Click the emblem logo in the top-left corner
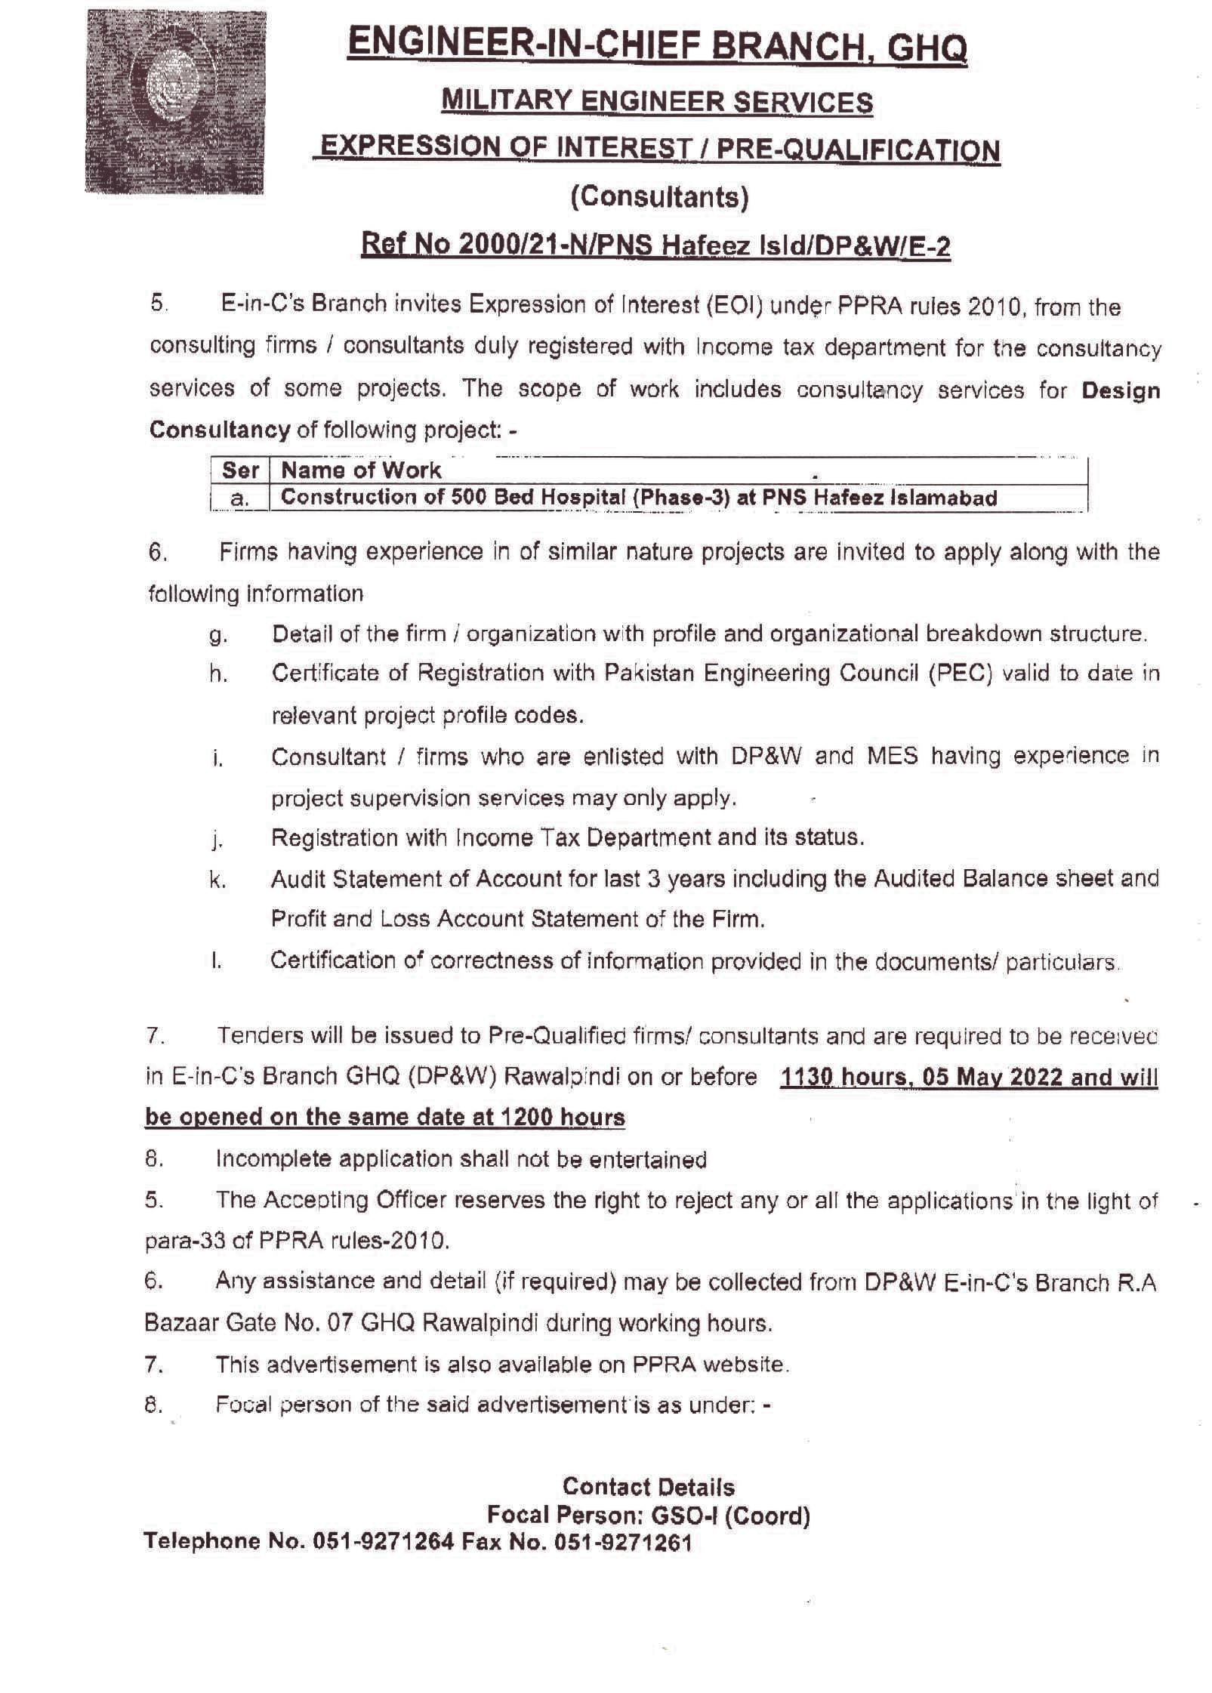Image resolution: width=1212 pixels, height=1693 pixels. [175, 102]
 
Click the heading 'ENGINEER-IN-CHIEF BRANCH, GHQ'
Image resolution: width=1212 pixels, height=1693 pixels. [657, 47]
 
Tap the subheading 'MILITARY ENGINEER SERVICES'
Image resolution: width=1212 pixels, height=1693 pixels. [657, 101]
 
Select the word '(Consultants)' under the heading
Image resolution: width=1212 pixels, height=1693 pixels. [659, 196]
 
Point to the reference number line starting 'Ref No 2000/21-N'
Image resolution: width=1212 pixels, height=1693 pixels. [655, 245]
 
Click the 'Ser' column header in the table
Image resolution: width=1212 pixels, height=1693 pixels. [240, 470]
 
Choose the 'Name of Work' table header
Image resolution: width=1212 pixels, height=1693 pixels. [361, 470]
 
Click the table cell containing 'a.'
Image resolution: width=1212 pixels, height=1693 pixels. [240, 498]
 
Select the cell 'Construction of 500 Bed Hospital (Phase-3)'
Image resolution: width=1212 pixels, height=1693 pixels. [638, 498]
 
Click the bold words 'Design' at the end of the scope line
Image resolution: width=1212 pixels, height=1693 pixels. [1121, 390]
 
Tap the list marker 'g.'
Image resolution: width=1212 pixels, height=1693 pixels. [218, 635]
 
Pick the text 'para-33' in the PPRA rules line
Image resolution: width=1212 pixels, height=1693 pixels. [177, 1241]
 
